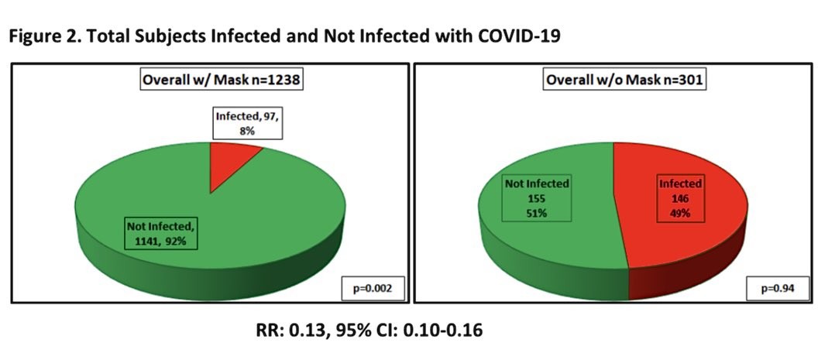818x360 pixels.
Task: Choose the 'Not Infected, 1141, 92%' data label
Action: [x=163, y=233]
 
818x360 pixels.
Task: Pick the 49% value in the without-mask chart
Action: [x=679, y=213]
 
